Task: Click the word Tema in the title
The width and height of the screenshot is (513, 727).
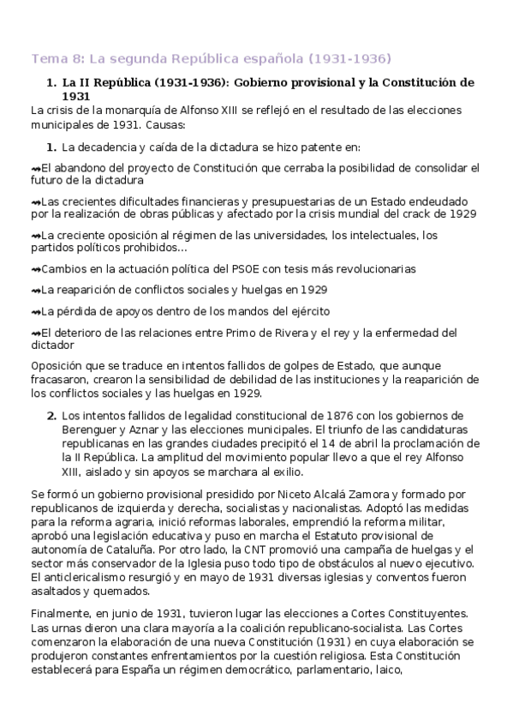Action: click(47, 58)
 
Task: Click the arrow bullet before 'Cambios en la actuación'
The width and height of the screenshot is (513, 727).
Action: click(35, 269)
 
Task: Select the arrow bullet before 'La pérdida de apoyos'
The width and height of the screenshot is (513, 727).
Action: click(35, 311)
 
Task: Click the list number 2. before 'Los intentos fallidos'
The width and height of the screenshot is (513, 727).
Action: click(51, 416)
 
